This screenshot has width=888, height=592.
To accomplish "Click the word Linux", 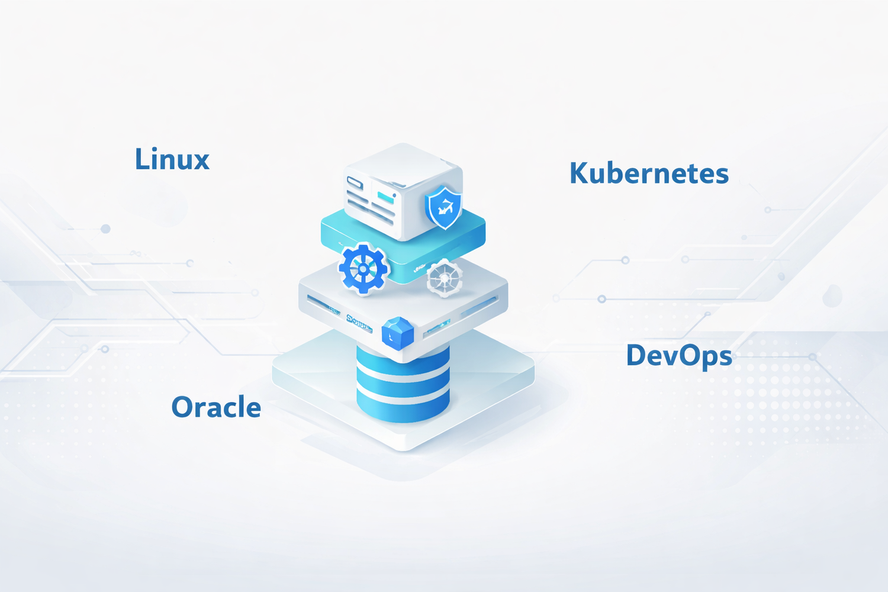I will (172, 159).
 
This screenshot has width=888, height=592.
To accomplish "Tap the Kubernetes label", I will (649, 173).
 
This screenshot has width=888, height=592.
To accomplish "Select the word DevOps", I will (679, 356).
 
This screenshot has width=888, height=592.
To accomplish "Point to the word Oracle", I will (216, 407).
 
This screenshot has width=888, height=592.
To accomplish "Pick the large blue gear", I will (363, 268).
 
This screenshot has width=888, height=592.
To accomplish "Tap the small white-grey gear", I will (445, 277).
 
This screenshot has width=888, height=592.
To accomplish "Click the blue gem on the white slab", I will (398, 332).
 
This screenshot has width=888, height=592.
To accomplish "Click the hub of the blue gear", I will (363, 269).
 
